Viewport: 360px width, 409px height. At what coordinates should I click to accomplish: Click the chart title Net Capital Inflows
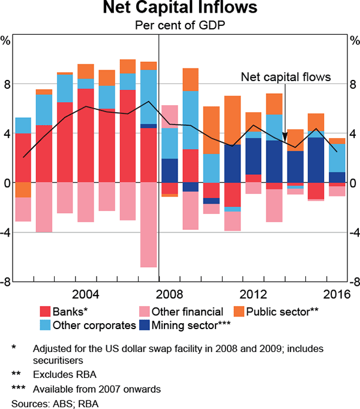tap(181, 10)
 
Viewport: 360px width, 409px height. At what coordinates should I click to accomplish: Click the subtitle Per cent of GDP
tap(181, 26)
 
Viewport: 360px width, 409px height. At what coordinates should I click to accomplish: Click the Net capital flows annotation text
tap(285, 77)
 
